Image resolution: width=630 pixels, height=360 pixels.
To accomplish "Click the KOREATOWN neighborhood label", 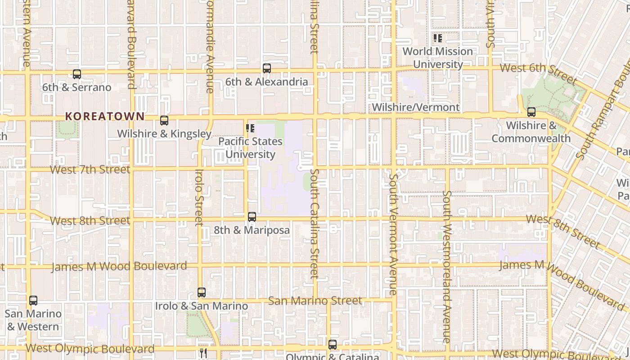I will pyautogui.click(x=105, y=116).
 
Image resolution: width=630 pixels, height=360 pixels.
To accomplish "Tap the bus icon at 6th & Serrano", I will pyautogui.click(x=77, y=74).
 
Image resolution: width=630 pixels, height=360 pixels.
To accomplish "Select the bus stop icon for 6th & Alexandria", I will pyautogui.click(x=267, y=68).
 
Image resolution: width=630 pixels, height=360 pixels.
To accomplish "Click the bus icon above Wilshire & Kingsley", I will pyautogui.click(x=164, y=121).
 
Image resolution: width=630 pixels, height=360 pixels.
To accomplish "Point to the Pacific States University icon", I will pyautogui.click(x=250, y=129).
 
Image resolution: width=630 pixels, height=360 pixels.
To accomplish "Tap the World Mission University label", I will pyautogui.click(x=438, y=58).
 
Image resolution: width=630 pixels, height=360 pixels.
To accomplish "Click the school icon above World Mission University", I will pyautogui.click(x=437, y=38).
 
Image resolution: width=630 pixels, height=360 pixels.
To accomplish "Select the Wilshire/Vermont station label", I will pyautogui.click(x=416, y=107).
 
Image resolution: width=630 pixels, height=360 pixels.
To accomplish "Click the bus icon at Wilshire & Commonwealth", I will pyautogui.click(x=531, y=112).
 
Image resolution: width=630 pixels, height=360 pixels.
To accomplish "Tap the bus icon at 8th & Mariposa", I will pyautogui.click(x=252, y=217).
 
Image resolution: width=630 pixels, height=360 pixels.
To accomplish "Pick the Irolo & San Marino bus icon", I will pyautogui.click(x=202, y=292).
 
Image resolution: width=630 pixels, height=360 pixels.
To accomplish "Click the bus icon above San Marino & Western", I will pyautogui.click(x=33, y=300).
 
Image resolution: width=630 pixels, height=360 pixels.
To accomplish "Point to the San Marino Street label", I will pyautogui.click(x=315, y=300).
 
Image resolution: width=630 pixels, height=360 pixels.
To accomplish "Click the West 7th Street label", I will pyautogui.click(x=90, y=170).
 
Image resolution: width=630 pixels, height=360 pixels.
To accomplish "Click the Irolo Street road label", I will pyautogui.click(x=199, y=197).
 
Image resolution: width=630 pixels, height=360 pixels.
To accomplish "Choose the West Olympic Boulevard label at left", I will pyautogui.click(x=90, y=348).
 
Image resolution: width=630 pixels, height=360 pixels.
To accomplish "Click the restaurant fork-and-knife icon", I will pyautogui.click(x=203, y=353).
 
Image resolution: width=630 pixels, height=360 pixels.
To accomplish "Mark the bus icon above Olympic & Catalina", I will pyautogui.click(x=333, y=345).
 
